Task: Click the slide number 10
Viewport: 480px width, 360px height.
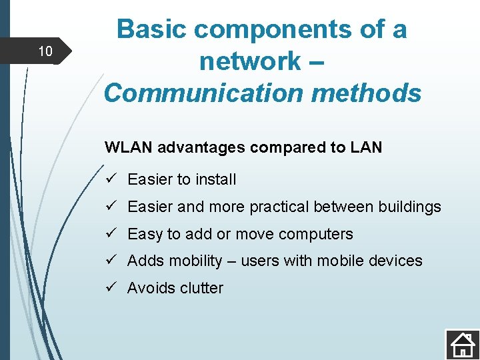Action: click(45, 51)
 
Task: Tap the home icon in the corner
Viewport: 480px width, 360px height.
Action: click(461, 344)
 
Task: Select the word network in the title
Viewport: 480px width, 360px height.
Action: click(249, 61)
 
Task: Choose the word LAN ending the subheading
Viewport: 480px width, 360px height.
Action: click(366, 147)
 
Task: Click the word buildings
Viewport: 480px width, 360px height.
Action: click(409, 207)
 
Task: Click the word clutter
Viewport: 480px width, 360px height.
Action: click(199, 288)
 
